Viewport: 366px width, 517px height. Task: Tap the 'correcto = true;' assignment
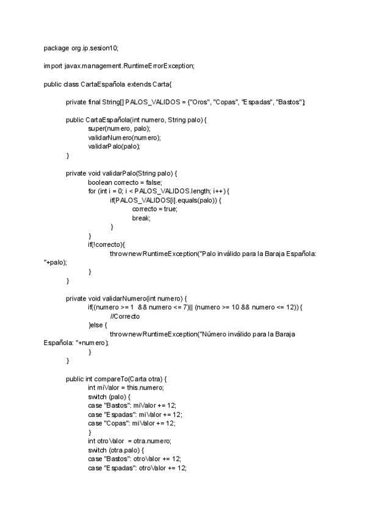[154, 209]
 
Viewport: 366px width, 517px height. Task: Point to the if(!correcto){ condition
[106, 244]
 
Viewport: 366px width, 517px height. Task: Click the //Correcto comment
[124, 316]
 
